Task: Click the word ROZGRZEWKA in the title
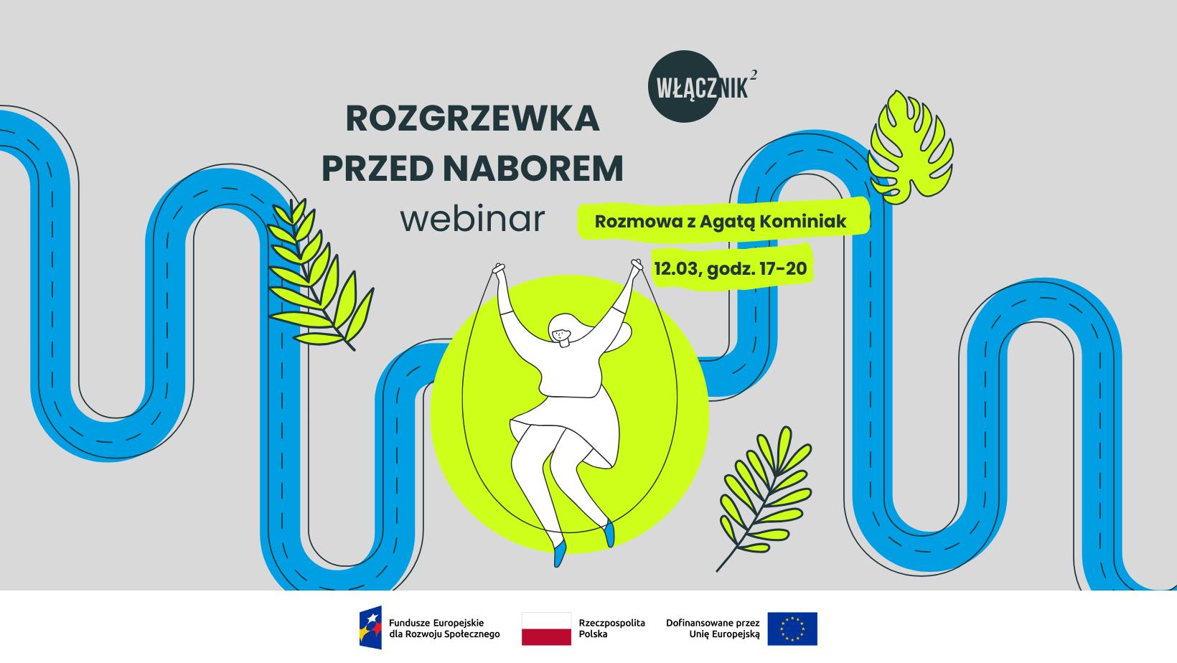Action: point(472,119)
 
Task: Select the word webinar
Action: point(472,220)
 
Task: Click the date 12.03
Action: point(677,269)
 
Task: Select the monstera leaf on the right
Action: point(910,147)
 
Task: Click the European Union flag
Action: point(792,629)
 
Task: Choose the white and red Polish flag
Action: point(546,629)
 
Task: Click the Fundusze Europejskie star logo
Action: point(371,629)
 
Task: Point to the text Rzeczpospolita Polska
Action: point(611,629)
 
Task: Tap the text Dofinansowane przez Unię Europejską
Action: point(712,629)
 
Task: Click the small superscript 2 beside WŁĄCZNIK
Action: point(753,75)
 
